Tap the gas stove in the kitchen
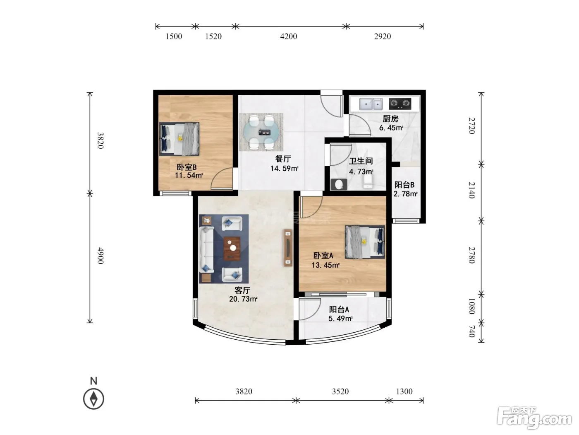[400, 104]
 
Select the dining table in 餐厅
[261, 132]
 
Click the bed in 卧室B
[179, 139]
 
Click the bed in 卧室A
[365, 242]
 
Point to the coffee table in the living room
[232, 248]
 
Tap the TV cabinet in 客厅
[288, 247]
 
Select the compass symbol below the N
[93, 399]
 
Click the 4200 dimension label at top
[289, 36]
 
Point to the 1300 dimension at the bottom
[404, 391]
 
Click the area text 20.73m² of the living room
[243, 299]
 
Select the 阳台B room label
[404, 185]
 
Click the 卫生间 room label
[361, 161]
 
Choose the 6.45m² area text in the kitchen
[391, 128]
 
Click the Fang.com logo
[534, 418]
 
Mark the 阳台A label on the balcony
[339, 309]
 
